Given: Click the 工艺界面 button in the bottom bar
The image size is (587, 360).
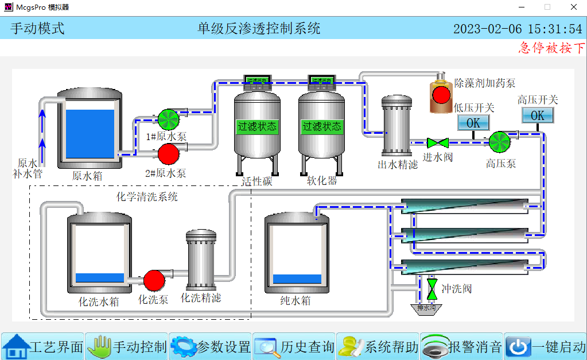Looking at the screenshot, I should point(43,347).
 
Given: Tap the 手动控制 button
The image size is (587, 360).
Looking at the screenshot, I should point(127,347).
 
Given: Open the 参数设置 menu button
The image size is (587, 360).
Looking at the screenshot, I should point(211,347).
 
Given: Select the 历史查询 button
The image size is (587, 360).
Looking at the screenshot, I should point(294,347).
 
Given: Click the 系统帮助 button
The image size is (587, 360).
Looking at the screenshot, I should point(378,347).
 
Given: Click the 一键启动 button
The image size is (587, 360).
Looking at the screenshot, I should point(545,347).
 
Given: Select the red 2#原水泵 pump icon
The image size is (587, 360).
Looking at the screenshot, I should point(169,154).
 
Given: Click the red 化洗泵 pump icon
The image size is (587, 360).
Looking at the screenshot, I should point(154,280).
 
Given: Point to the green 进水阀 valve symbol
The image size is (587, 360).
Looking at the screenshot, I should point(437,142).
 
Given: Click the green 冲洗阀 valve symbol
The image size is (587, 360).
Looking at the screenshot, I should point(431,287).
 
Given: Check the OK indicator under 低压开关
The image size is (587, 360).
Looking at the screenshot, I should point(473,123).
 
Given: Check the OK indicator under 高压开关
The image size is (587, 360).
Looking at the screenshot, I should point(538,115).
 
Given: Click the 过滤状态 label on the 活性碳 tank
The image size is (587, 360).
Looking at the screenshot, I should point(257,126).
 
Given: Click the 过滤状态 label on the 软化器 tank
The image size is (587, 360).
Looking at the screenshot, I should point(322,126).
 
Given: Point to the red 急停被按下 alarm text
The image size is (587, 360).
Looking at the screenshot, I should point(551,48).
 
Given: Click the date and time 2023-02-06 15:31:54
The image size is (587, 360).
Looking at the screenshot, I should point(518,29).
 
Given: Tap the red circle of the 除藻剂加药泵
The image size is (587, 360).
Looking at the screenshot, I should point(441,95).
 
